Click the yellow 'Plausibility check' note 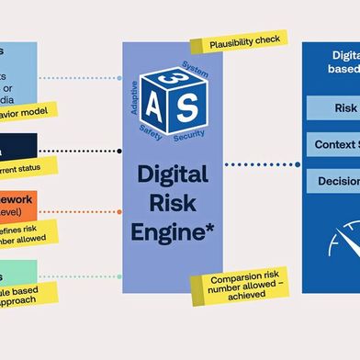(x=238, y=41)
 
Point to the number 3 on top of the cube (x=169, y=77)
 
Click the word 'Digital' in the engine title (x=172, y=174)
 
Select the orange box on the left (x=18, y=205)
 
